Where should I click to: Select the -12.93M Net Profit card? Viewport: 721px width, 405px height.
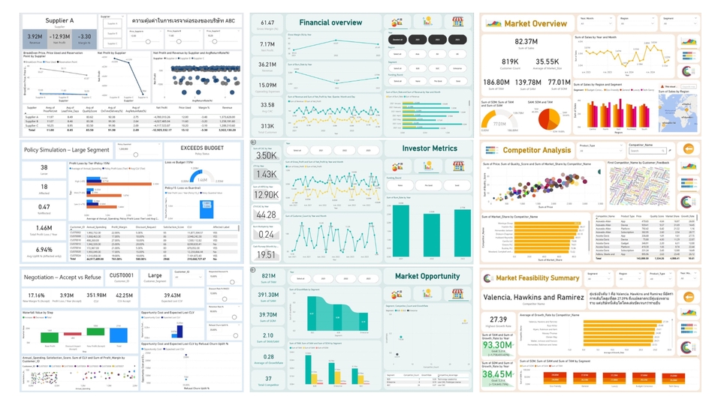[x=59, y=37]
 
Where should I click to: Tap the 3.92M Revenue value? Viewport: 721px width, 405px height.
[x=34, y=37]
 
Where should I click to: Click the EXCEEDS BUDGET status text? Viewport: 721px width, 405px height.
[x=199, y=148]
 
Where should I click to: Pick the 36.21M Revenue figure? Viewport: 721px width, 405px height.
[x=268, y=64]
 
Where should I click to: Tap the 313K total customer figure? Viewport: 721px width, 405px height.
[x=268, y=125]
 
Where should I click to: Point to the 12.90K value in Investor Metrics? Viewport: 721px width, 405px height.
[x=268, y=194]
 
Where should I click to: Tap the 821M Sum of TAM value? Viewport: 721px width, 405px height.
[x=268, y=277]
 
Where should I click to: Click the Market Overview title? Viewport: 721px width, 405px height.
[x=535, y=24]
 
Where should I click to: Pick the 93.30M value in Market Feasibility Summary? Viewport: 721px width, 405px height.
[x=497, y=346]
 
